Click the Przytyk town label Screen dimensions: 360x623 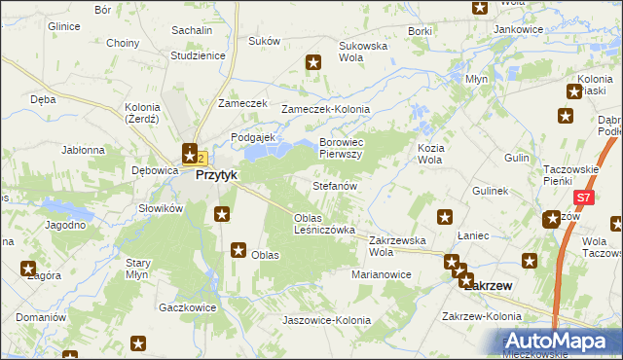[218, 175]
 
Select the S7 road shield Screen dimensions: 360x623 [582, 198]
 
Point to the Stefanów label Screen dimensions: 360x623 [336, 185]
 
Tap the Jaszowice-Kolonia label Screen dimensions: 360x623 [326, 320]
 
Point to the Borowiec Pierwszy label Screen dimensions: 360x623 [341, 148]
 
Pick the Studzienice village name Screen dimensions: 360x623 [198, 55]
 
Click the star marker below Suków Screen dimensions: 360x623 [313, 64]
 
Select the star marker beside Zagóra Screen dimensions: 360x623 [27, 269]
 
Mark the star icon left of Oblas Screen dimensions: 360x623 [238, 250]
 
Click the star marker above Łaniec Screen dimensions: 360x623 [445, 218]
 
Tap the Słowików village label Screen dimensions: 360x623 [161, 208]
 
